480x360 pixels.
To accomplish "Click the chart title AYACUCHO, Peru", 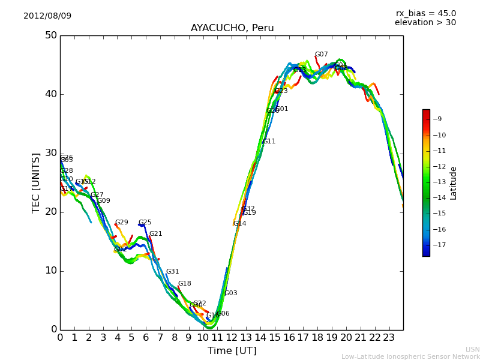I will pyautogui.click(x=232, y=28).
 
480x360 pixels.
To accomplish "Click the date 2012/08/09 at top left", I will pyautogui.click(x=47, y=16).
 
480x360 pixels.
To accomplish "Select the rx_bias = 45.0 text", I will pyautogui.click(x=425, y=13).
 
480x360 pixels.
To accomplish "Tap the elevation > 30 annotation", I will pyautogui.click(x=425, y=22).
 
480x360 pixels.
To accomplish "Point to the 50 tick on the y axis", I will pyautogui.click(x=50, y=35).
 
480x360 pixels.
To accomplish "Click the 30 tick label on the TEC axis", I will pyautogui.click(x=50, y=153).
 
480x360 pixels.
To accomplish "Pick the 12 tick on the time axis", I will pyautogui.click(x=232, y=337).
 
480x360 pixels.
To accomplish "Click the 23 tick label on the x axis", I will pyautogui.click(x=389, y=337).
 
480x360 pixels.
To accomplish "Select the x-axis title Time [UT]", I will pyautogui.click(x=232, y=350).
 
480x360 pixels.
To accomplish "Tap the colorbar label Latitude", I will pyautogui.click(x=454, y=183).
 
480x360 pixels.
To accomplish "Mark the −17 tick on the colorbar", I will pyautogui.click(x=438, y=245).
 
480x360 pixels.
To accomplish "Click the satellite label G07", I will pyautogui.click(x=322, y=55).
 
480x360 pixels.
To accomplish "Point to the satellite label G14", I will pyautogui.click(x=239, y=224).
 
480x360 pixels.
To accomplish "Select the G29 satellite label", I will pyautogui.click(x=122, y=223).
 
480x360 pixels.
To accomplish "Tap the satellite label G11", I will pyautogui.click(x=269, y=142).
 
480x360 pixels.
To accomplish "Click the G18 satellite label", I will pyautogui.click(x=185, y=284).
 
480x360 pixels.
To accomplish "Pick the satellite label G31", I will pyautogui.click(x=173, y=272).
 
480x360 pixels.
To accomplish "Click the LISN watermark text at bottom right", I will pyautogui.click(x=472, y=349).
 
